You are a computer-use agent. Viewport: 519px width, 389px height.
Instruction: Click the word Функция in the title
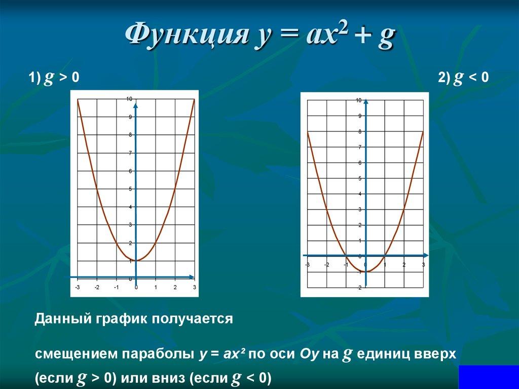tap(187, 34)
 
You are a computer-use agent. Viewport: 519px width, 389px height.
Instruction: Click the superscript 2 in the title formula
tap(343, 27)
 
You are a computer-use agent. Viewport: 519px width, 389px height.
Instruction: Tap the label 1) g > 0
tap(54, 78)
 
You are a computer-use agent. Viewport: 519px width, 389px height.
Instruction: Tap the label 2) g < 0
tap(463, 78)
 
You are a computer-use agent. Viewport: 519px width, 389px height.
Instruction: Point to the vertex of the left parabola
tap(136, 261)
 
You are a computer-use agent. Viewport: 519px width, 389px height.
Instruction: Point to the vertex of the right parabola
tap(365, 272)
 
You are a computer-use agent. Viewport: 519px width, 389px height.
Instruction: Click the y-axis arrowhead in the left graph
tap(136, 105)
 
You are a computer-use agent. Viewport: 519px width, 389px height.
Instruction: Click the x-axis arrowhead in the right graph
tap(426, 256)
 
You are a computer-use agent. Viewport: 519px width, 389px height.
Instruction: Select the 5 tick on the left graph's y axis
tap(130, 189)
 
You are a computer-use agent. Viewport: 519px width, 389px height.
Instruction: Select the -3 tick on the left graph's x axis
tap(78, 287)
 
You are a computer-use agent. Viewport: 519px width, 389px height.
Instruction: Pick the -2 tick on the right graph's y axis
tap(359, 288)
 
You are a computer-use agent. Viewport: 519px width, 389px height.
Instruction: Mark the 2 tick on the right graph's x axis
tap(404, 264)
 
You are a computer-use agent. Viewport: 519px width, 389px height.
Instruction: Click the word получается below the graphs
tap(192, 319)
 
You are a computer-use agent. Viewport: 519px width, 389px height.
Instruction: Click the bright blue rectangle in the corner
tap(489, 377)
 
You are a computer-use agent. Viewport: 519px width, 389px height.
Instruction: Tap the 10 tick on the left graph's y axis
tap(129, 99)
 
